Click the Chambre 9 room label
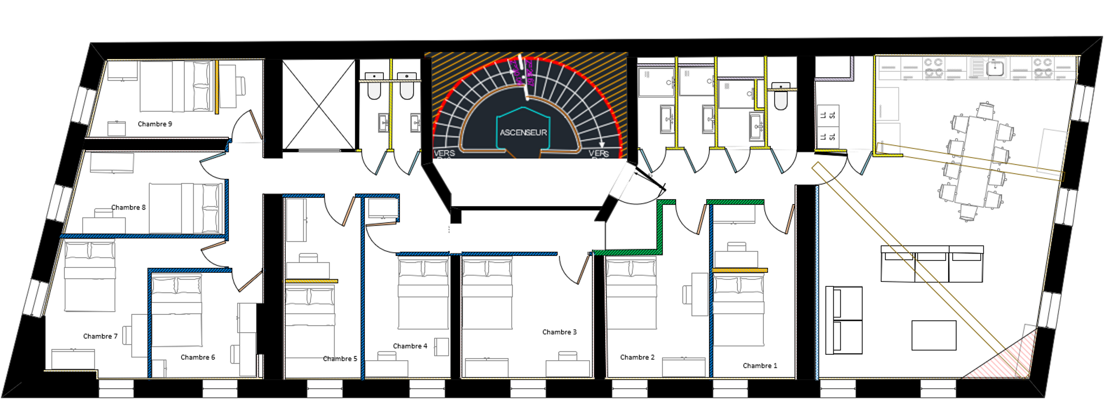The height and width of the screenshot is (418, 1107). coord(155,124)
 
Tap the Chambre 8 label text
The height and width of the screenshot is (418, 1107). coord(128,207)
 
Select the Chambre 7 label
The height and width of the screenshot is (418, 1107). coord(100,336)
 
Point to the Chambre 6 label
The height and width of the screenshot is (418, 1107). coord(197,358)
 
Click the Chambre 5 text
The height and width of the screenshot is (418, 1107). coord(339,359)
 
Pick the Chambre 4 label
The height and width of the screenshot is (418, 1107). coord(410,346)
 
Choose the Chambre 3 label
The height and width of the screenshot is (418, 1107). coord(559,332)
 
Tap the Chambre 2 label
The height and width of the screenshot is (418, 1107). coord(637,358)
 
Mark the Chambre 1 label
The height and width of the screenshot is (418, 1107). coord(759,366)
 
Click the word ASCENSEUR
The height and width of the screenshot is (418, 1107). coord(523,132)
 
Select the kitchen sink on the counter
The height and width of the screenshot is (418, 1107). coord(995,69)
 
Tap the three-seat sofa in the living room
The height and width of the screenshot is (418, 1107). coord(931,264)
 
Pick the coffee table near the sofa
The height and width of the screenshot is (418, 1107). coord(933,335)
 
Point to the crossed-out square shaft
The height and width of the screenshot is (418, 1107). coord(319,105)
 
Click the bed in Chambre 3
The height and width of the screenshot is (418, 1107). coord(486,294)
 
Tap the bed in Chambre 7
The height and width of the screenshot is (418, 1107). coord(90,276)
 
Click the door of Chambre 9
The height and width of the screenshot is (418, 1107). coord(255,124)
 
